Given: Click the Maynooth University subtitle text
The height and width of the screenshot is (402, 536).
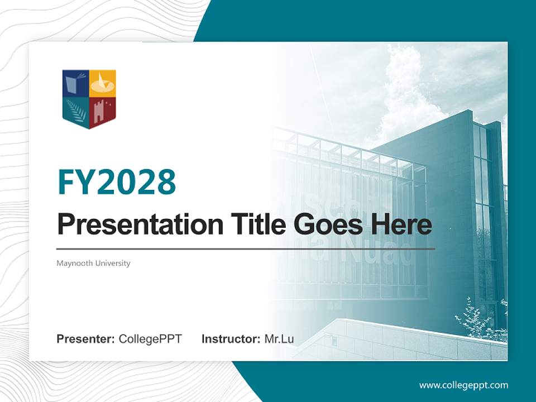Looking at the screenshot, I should coord(93,263).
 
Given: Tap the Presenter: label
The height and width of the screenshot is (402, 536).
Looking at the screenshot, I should coord(86,339).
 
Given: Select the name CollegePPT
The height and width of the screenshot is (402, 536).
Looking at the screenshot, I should coord(150,339).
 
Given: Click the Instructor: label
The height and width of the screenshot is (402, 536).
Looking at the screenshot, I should coord(231,339).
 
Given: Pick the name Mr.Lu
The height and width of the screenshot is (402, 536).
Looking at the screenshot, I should coord(279,339).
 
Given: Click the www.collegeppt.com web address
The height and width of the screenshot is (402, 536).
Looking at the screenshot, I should coord(463,385).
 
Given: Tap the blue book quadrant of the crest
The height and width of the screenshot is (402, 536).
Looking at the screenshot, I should coord(75,84).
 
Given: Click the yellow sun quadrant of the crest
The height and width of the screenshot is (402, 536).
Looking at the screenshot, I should coord(103,84).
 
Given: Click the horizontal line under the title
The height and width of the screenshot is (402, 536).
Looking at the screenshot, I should coord(246,248).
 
